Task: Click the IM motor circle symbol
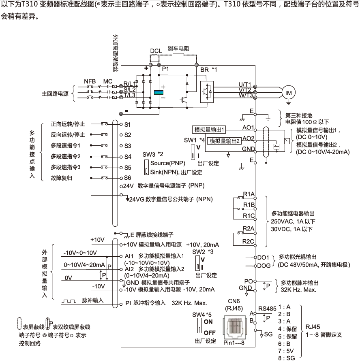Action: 289,92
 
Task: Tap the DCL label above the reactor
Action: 156,51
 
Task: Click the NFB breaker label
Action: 90,81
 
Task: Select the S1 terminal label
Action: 128,124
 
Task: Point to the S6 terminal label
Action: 128,177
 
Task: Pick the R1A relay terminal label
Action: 249,195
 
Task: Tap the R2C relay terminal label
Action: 248,242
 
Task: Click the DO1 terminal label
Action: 263,257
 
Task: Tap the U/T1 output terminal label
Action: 245,85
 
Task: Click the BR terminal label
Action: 205,69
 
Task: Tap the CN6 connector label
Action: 233,301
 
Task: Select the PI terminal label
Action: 127,302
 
